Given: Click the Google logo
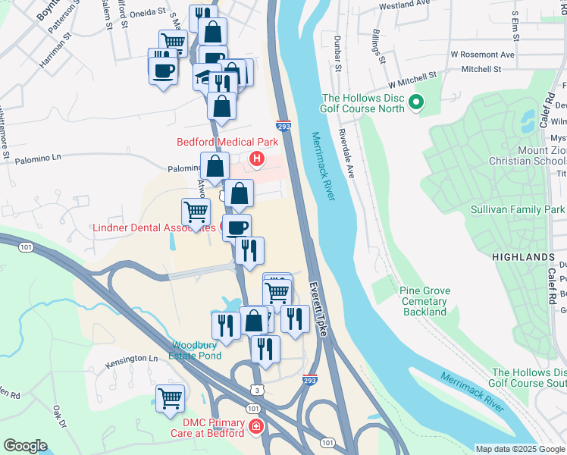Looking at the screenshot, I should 26,446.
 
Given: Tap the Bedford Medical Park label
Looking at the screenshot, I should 227,142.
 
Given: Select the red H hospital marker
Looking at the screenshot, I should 257,159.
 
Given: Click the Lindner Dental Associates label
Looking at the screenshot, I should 155,227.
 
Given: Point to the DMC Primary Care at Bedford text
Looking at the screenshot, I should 213,428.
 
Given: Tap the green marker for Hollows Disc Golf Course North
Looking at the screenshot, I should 415,102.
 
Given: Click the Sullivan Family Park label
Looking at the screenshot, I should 517,209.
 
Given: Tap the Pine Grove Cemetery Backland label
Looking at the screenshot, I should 424,301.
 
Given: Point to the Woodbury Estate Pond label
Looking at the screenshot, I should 196,350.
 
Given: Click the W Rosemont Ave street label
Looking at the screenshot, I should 482,55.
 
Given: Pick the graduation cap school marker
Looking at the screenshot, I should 202,76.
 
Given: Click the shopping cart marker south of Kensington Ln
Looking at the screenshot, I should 170,397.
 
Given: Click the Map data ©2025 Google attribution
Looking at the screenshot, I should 520,448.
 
